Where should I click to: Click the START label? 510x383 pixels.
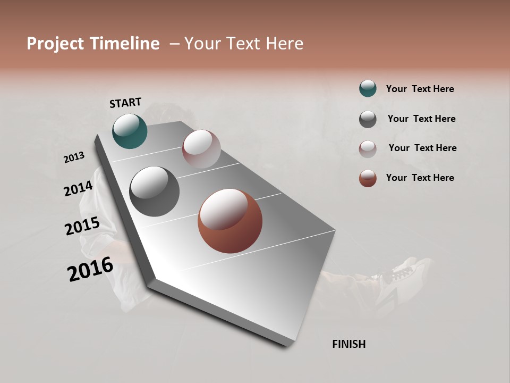click(x=125, y=103)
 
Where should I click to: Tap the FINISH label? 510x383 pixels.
click(x=348, y=344)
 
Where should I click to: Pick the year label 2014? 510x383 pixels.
click(x=78, y=188)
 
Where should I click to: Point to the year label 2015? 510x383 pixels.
click(x=82, y=226)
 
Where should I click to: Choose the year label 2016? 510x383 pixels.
click(x=90, y=269)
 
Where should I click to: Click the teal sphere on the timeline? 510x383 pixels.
click(x=130, y=131)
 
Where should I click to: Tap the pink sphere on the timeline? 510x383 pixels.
click(x=201, y=148)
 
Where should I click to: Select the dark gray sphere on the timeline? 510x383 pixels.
click(x=154, y=191)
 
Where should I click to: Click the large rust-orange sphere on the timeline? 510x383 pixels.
click(x=229, y=221)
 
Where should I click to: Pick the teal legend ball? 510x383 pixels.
click(x=368, y=89)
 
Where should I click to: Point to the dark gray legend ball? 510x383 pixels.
click(x=368, y=119)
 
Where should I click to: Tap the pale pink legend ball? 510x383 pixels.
click(x=368, y=148)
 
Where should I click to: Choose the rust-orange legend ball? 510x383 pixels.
click(x=368, y=178)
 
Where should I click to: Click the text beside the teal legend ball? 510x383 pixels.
click(x=420, y=89)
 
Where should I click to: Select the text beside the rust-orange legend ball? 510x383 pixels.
click(x=420, y=178)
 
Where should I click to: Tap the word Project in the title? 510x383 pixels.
click(x=55, y=44)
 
